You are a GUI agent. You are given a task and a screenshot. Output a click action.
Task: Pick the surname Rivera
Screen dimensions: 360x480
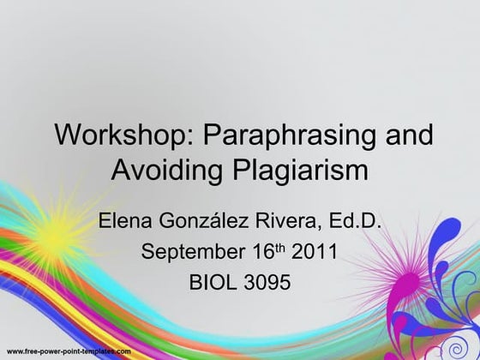[x=288, y=225]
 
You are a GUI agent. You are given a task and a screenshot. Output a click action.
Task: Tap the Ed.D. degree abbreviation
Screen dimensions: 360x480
[x=354, y=225]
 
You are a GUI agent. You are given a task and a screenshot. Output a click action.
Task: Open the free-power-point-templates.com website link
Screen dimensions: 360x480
[x=69, y=352]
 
